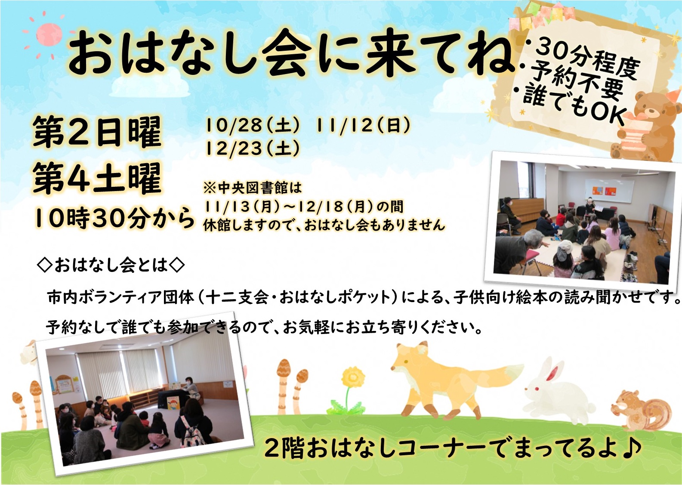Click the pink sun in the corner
tap(49, 34)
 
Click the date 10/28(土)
tap(252, 125)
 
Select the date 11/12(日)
tap(363, 125)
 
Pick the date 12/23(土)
tap(252, 148)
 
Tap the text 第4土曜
tap(97, 179)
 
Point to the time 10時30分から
tap(114, 219)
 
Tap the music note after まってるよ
tap(632, 448)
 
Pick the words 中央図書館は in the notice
tap(260, 188)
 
